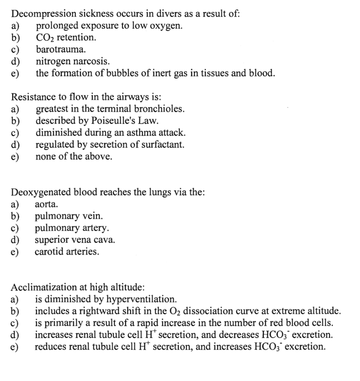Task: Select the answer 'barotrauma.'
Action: pyautogui.click(x=61, y=49)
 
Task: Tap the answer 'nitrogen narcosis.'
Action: pyautogui.click(x=73, y=61)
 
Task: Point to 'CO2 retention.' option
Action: pyautogui.click(x=65, y=37)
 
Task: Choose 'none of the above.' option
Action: pyautogui.click(x=74, y=157)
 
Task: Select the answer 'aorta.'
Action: pyautogui.click(x=46, y=204)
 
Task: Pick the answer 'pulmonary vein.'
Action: pyautogui.click(x=69, y=216)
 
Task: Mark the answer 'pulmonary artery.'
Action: pyautogui.click(x=72, y=228)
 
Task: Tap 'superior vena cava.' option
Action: pyautogui.click(x=75, y=240)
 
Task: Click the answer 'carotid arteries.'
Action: pyautogui.click(x=67, y=252)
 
